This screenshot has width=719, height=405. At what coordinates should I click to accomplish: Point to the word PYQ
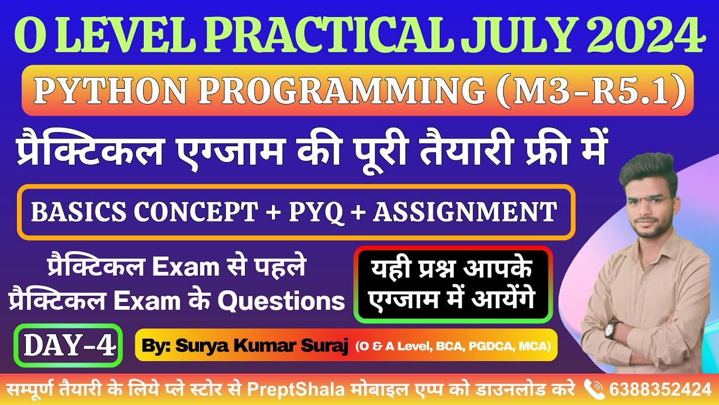pyautogui.click(x=316, y=212)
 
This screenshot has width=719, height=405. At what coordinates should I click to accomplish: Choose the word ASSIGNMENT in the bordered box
pyautogui.click(x=465, y=212)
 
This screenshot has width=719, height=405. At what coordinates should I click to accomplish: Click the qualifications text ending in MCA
pyautogui.click(x=453, y=345)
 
